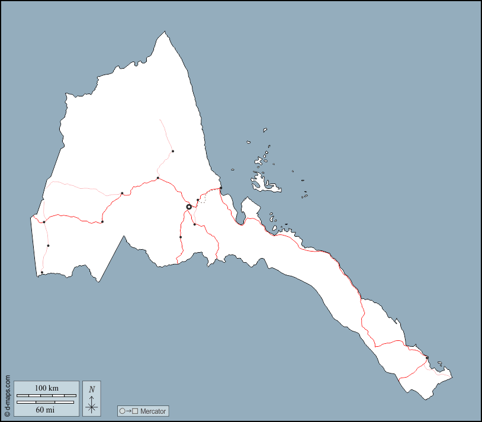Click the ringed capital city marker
click(x=189, y=207)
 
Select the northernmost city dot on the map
click(x=173, y=152)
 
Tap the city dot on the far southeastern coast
click(x=427, y=357)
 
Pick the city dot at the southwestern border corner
click(x=42, y=273)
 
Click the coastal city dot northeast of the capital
click(x=221, y=188)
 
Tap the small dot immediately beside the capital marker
click(x=198, y=201)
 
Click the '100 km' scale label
click(x=46, y=388)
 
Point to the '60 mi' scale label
click(x=46, y=409)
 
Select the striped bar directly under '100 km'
click(x=46, y=395)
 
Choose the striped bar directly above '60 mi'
click(x=46, y=402)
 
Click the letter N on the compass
click(x=92, y=389)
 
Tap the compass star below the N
click(x=92, y=406)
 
